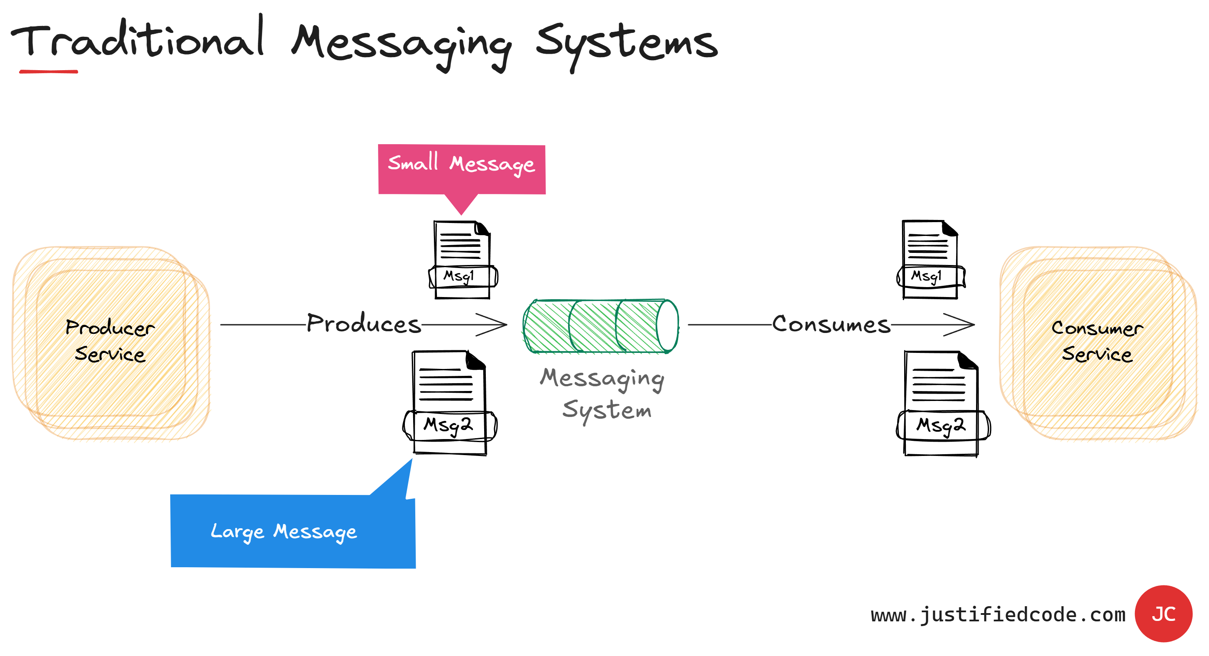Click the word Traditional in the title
point(139,40)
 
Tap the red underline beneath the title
point(48,71)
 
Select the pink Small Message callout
point(461,169)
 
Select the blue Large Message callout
point(292,531)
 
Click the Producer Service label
point(110,340)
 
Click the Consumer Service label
point(1097,341)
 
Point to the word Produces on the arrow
point(364,324)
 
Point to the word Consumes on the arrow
point(831,324)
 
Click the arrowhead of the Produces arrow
point(498,324)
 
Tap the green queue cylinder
point(594,326)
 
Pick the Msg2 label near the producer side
point(448,425)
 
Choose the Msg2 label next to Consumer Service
point(941,425)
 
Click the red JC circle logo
point(1163,613)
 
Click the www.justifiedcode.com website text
point(998,615)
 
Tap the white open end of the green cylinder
point(667,326)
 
